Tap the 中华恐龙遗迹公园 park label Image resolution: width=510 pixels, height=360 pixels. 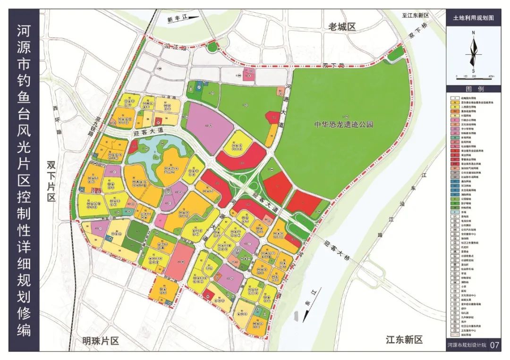click(344, 125)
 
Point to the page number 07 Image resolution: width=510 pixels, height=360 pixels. click(494, 345)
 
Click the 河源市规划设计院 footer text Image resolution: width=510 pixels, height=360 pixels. click(467, 345)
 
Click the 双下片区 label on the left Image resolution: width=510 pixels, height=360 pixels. click(51, 182)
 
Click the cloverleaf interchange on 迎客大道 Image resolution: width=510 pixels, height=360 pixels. click(249, 181)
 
